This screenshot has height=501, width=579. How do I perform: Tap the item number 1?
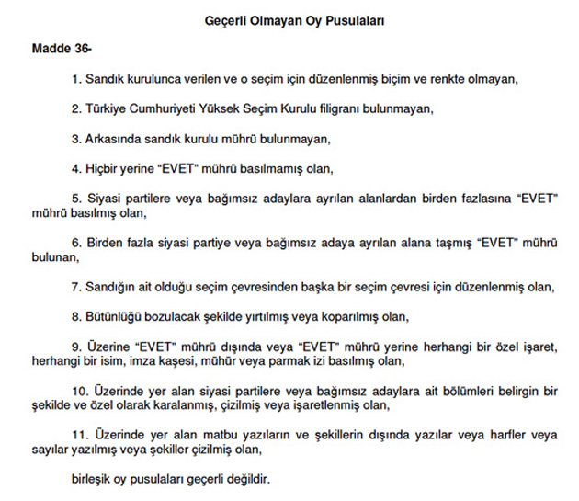point(75,80)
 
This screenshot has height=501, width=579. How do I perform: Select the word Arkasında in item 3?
point(114,140)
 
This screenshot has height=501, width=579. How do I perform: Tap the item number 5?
point(75,199)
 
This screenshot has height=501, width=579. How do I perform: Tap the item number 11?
point(78,435)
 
